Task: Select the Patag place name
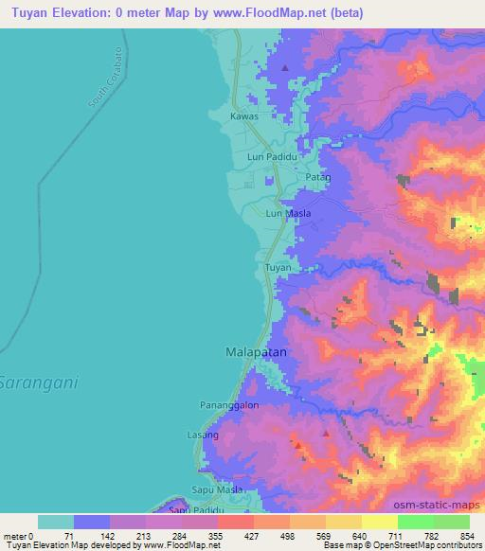pyautogui.click(x=317, y=177)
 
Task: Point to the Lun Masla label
pyautogui.click(x=288, y=213)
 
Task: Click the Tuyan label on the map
pyautogui.click(x=278, y=268)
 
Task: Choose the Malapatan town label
pyautogui.click(x=256, y=351)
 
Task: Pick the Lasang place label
pyautogui.click(x=203, y=435)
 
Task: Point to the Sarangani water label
pyautogui.click(x=37, y=384)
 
